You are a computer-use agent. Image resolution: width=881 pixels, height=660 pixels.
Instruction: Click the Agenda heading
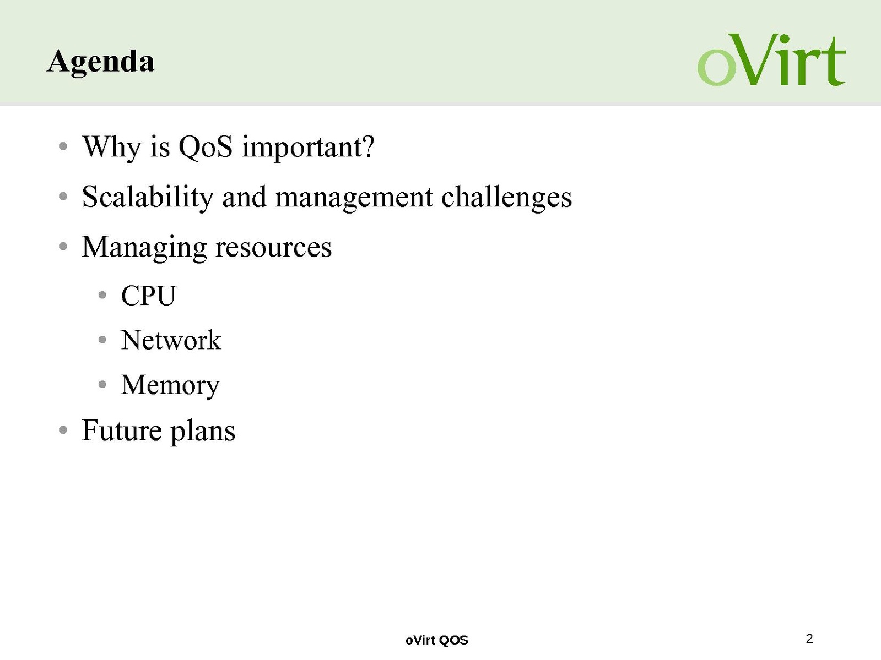pyautogui.click(x=101, y=62)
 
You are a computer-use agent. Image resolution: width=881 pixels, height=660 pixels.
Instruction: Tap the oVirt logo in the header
pyautogui.click(x=771, y=60)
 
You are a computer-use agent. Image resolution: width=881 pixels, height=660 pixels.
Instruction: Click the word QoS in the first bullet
pyautogui.click(x=205, y=147)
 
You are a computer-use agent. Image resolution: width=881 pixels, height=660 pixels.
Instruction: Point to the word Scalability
pyautogui.click(x=148, y=198)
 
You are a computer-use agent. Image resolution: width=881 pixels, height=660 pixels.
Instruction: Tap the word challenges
pyautogui.click(x=506, y=198)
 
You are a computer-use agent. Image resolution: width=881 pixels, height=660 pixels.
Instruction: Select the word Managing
pyautogui.click(x=144, y=248)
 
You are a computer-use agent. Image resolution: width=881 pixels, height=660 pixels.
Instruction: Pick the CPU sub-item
pyautogui.click(x=149, y=296)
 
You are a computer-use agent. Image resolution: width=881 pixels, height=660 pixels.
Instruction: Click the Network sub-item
pyautogui.click(x=171, y=340)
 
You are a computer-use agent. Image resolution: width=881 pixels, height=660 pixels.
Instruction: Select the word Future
pyautogui.click(x=122, y=430)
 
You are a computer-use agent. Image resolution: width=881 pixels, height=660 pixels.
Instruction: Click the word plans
pyautogui.click(x=203, y=432)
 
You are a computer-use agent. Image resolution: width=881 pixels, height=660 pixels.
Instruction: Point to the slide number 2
pyautogui.click(x=809, y=639)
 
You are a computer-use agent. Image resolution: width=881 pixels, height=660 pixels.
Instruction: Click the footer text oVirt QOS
pyautogui.click(x=437, y=640)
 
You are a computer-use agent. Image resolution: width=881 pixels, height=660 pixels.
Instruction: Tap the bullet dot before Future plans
pyautogui.click(x=63, y=430)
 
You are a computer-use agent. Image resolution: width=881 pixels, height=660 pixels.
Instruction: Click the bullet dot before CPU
pyautogui.click(x=102, y=296)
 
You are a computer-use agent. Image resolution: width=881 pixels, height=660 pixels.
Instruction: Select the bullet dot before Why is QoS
pyautogui.click(x=63, y=146)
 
